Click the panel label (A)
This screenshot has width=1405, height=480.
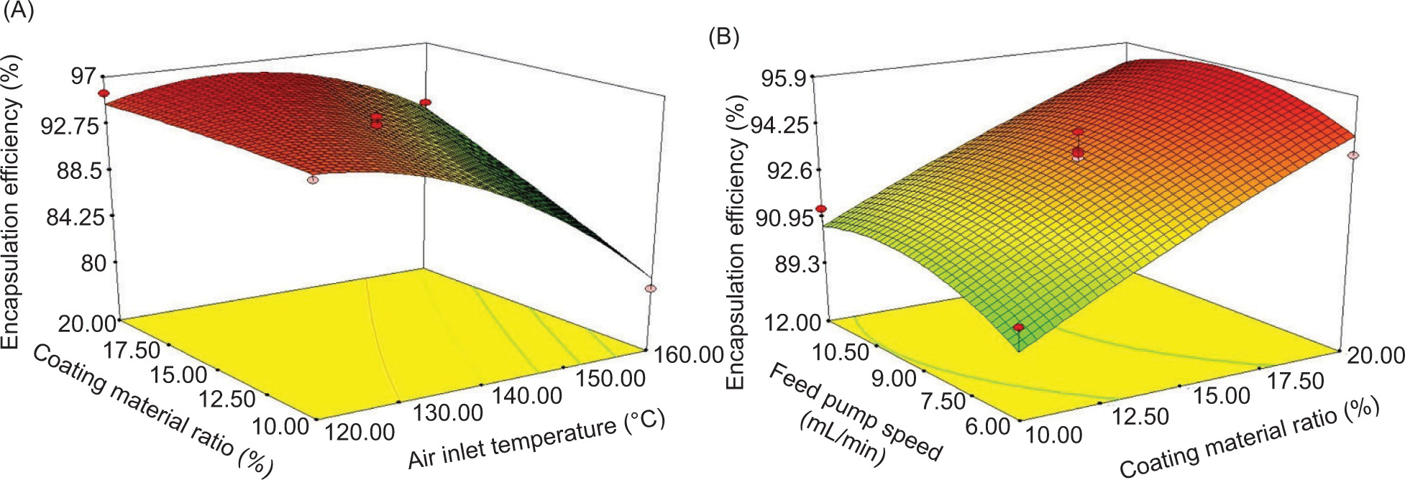(x=18, y=11)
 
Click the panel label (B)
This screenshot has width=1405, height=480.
(x=723, y=37)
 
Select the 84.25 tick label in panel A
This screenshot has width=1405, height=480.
(x=75, y=216)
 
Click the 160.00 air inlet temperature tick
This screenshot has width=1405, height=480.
(x=688, y=354)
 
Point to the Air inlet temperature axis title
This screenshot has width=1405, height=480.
(x=536, y=438)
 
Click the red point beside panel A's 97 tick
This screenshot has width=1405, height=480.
(x=104, y=93)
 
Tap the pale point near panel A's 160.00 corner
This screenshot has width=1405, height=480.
(x=651, y=288)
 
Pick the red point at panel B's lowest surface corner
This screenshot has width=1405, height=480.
(x=1018, y=328)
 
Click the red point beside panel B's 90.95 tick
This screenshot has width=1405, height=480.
(x=821, y=209)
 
